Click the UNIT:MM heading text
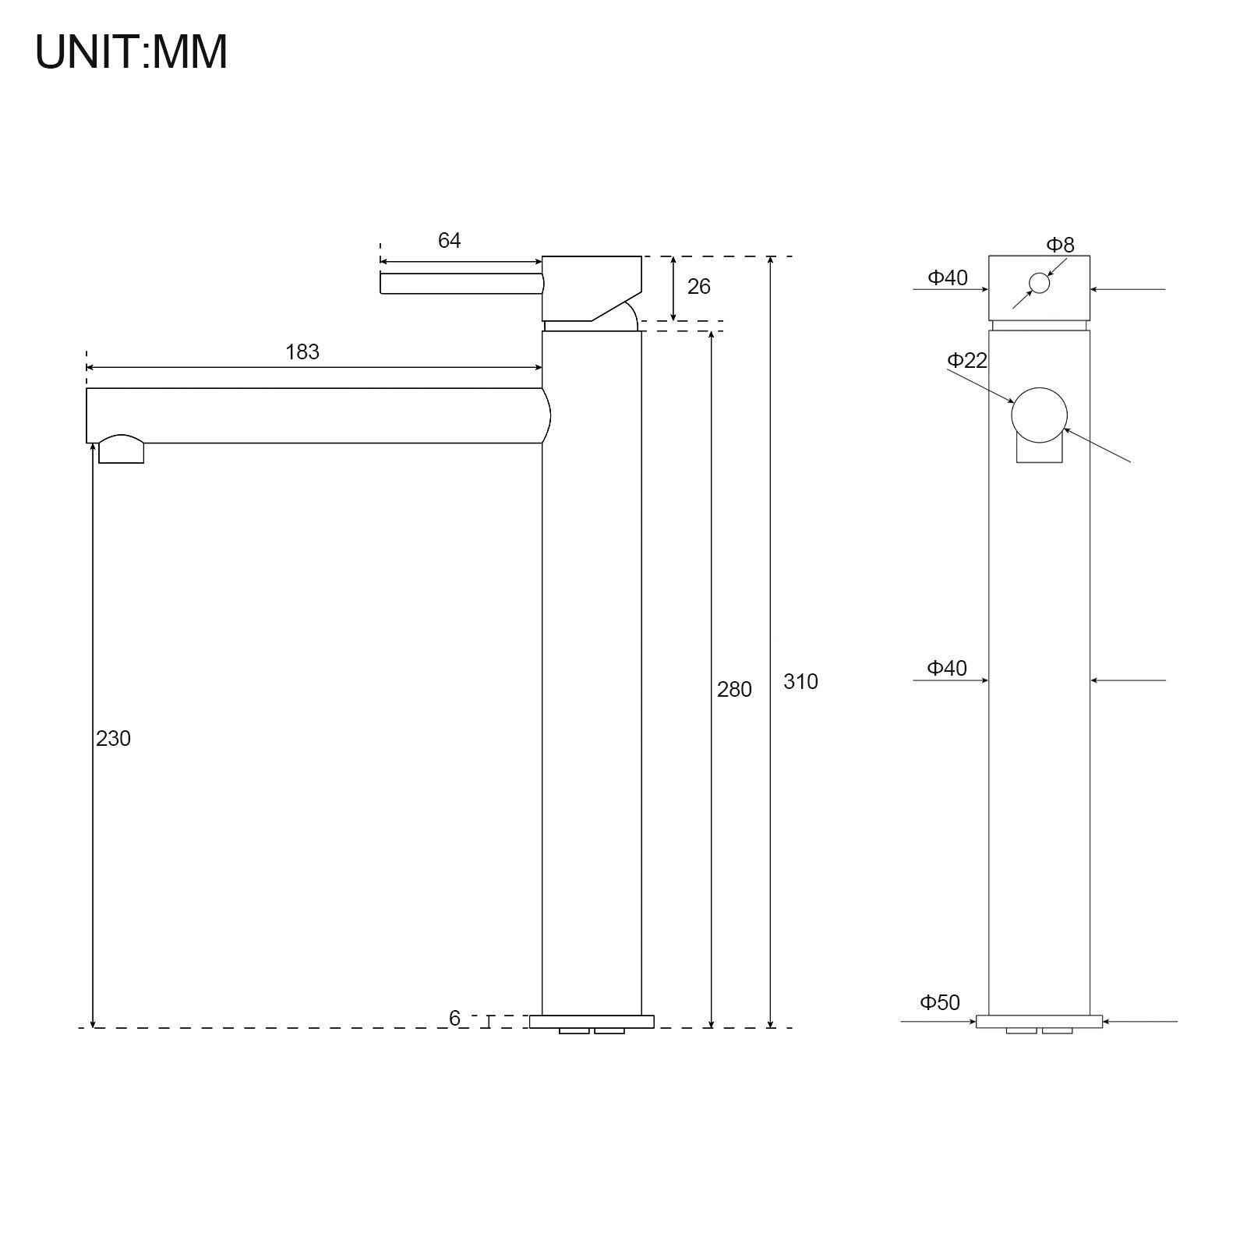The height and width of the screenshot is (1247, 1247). [x=132, y=52]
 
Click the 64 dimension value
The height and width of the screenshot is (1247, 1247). [x=449, y=241]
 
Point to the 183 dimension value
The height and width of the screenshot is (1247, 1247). [x=302, y=352]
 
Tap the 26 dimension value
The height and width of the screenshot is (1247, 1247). [x=699, y=287]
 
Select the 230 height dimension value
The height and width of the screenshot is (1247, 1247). [x=113, y=739]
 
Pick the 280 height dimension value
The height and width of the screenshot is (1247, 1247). [x=734, y=690]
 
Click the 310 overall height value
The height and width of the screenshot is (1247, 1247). [x=800, y=682]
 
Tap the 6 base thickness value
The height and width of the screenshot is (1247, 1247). [x=454, y=1019]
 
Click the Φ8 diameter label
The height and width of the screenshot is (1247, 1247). [x=1060, y=245]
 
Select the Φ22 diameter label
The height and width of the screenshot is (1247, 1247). [x=967, y=360]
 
